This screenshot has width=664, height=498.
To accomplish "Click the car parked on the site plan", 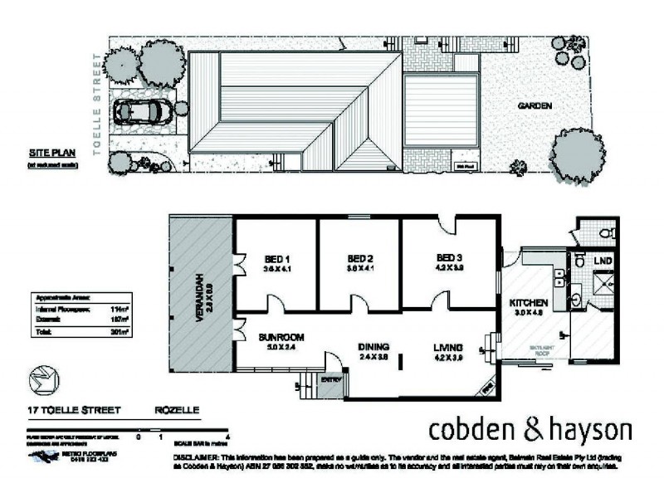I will (144, 110).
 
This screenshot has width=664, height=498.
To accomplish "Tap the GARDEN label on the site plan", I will (535, 105).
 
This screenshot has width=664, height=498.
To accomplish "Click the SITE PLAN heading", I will (47, 154).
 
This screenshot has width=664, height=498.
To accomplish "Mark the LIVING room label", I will (447, 347).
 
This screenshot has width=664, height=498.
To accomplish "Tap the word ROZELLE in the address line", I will (177, 409).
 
